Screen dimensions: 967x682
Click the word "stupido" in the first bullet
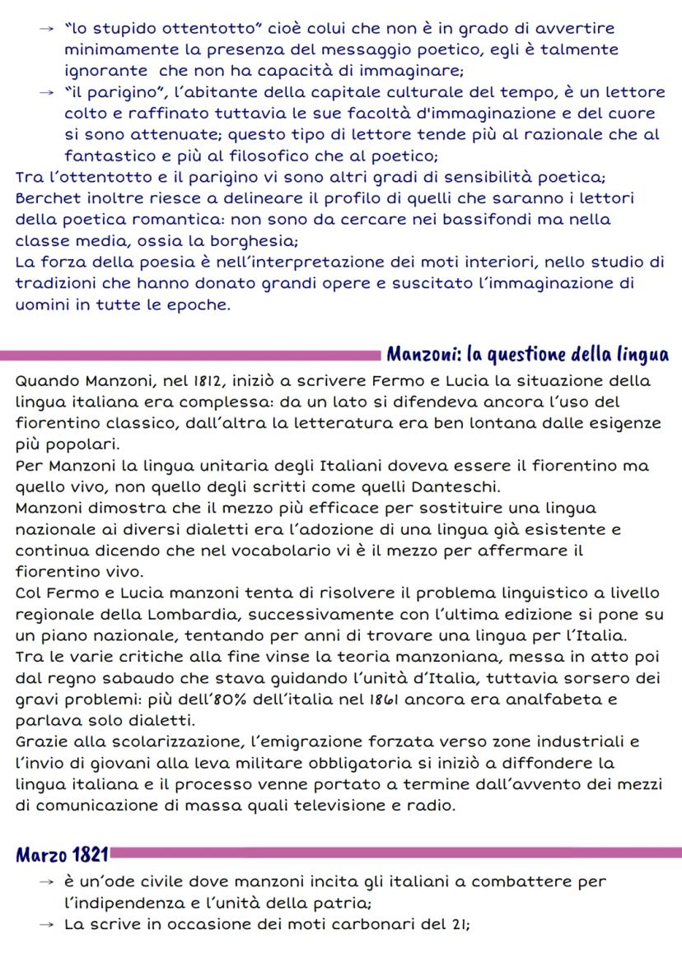click(x=120, y=29)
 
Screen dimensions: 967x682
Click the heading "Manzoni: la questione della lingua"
click(x=527, y=356)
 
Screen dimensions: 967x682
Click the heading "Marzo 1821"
click(x=63, y=853)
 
